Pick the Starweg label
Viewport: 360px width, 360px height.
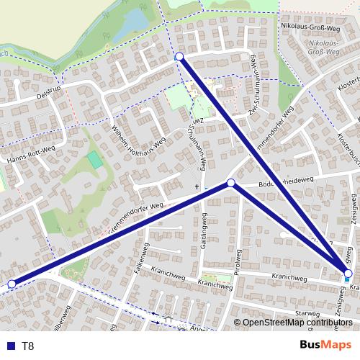pos(307,314)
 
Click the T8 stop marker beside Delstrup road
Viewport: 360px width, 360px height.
pos(179,56)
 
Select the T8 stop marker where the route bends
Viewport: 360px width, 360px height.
pos(231,183)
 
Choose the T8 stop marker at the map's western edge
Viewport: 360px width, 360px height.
pos(11,284)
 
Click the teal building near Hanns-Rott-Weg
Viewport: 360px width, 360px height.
pos(95,159)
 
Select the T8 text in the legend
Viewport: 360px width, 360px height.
pos(27,346)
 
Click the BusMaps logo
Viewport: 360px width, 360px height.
pos(325,346)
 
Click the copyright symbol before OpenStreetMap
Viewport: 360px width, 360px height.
pos(238,323)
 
